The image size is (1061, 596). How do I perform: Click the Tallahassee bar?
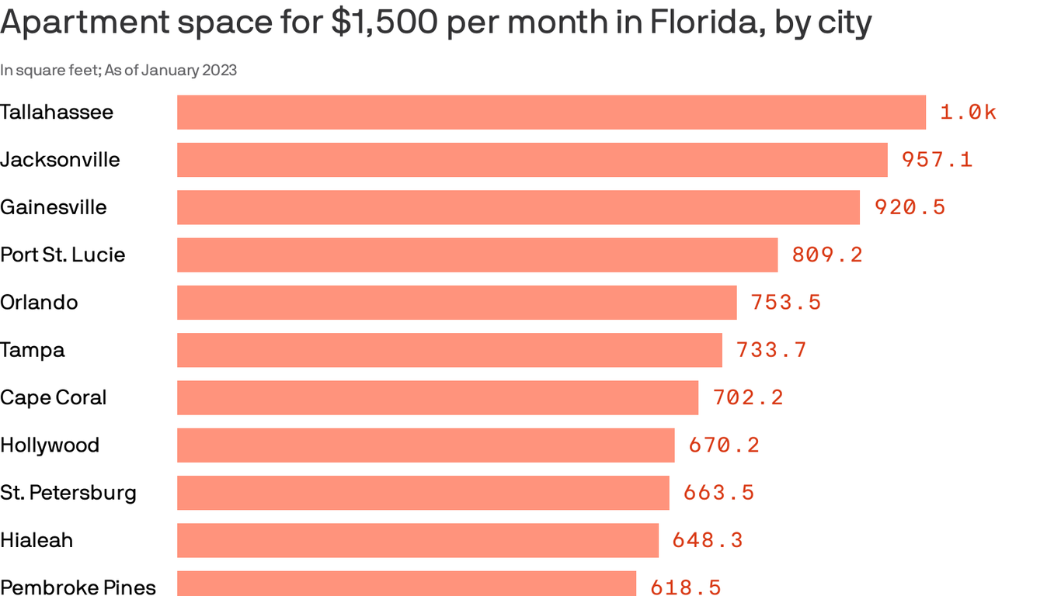click(x=551, y=112)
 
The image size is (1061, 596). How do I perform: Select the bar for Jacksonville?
click(x=532, y=160)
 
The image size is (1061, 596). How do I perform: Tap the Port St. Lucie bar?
click(x=477, y=255)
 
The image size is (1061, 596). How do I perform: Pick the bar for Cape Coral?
click(x=437, y=397)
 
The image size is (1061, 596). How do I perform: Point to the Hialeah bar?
click(x=418, y=540)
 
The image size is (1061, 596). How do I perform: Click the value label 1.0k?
click(x=968, y=113)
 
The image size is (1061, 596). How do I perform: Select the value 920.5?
click(x=910, y=207)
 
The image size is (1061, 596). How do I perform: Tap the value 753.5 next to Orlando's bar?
click(x=785, y=303)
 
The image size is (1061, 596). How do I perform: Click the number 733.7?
click(x=771, y=350)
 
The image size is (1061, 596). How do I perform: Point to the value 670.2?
click(x=724, y=445)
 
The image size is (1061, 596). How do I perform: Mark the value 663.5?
click(x=718, y=493)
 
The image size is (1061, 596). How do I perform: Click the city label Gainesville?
click(x=54, y=207)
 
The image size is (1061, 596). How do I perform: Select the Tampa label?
click(x=33, y=350)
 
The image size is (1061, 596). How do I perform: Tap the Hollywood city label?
click(x=50, y=445)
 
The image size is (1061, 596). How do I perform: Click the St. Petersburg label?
click(x=68, y=493)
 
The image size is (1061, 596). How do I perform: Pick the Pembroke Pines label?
click(x=78, y=587)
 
